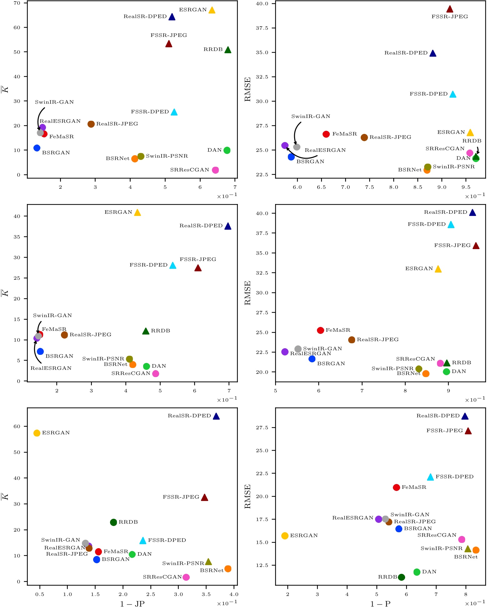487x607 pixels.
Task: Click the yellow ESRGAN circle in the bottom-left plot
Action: [37, 433]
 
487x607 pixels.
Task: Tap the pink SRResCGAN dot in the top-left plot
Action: [215, 170]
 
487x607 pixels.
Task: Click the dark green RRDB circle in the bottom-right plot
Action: [402, 577]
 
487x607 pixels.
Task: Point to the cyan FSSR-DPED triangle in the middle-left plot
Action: [173, 266]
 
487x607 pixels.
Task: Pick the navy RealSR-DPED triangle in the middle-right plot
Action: [473, 213]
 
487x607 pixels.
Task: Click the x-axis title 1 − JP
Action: [132, 604]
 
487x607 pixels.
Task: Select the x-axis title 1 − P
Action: [380, 604]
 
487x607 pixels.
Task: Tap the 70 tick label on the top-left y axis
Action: [17, 3]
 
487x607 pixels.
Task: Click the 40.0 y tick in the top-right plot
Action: [262, 4]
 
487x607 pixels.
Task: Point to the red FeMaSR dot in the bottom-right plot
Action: [396, 487]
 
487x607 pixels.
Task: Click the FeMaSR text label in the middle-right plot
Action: [338, 330]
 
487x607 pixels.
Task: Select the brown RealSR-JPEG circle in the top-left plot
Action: [91, 124]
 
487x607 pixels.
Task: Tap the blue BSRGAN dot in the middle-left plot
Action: [40, 352]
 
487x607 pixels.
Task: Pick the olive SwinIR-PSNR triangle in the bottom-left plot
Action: [208, 562]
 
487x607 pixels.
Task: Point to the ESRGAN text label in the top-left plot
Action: [193, 10]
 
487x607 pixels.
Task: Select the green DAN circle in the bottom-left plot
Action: [132, 554]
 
